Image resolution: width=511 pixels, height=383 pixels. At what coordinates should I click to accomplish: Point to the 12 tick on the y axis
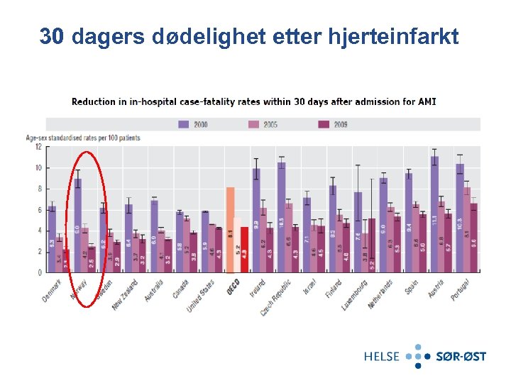click(38, 147)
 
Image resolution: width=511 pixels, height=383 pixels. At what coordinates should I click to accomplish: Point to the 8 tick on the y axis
click(38, 189)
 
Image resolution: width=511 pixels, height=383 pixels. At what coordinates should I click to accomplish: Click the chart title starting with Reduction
click(253, 101)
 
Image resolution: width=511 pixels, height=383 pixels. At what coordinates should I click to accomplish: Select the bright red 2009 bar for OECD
click(245, 249)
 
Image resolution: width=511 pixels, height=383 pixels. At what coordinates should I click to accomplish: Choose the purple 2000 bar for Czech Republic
click(282, 217)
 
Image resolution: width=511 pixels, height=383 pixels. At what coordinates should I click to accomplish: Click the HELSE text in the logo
click(382, 356)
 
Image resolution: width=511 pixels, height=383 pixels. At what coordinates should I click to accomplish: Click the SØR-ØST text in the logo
click(461, 356)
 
